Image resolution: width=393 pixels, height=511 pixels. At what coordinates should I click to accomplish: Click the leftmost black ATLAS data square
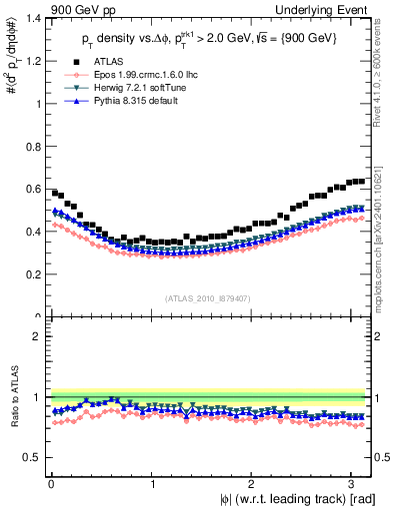[55, 192]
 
